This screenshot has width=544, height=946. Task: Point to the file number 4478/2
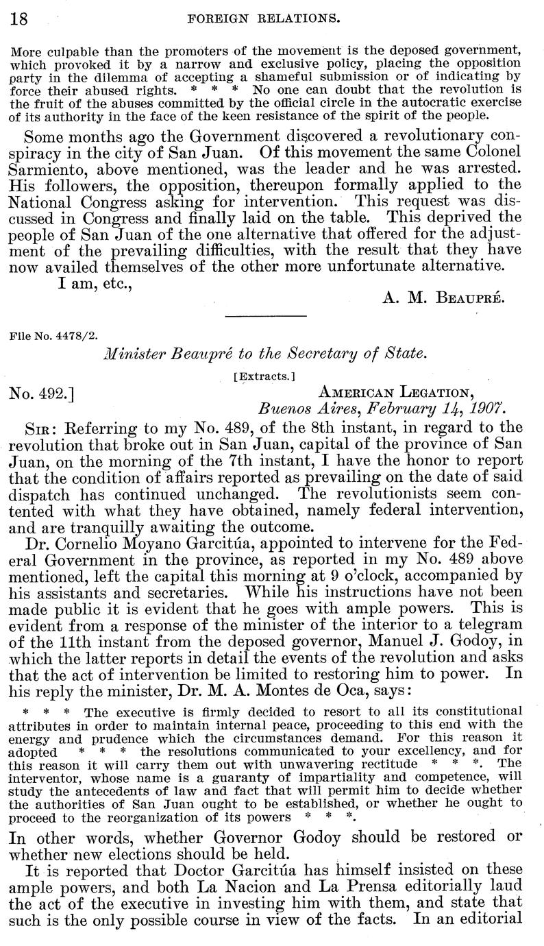[53, 337]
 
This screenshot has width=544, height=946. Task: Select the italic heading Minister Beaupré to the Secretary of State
[264, 354]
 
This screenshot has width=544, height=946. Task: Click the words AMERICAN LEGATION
[396, 392]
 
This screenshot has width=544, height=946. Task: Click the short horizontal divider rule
[264, 316]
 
